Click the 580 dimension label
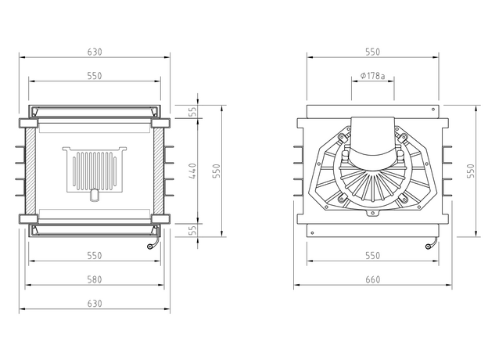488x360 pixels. tap(95, 279)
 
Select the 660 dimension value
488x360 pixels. tap(373, 279)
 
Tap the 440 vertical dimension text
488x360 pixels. tap(192, 171)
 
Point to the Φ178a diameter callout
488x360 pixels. tap(372, 76)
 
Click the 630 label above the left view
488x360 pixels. tap(95, 52)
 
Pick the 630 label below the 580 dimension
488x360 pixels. tap(95, 304)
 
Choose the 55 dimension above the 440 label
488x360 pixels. tap(193, 111)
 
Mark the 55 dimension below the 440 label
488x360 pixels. tap(193, 230)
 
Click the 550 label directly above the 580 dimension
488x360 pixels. tap(95, 255)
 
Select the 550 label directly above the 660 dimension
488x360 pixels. tap(373, 255)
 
